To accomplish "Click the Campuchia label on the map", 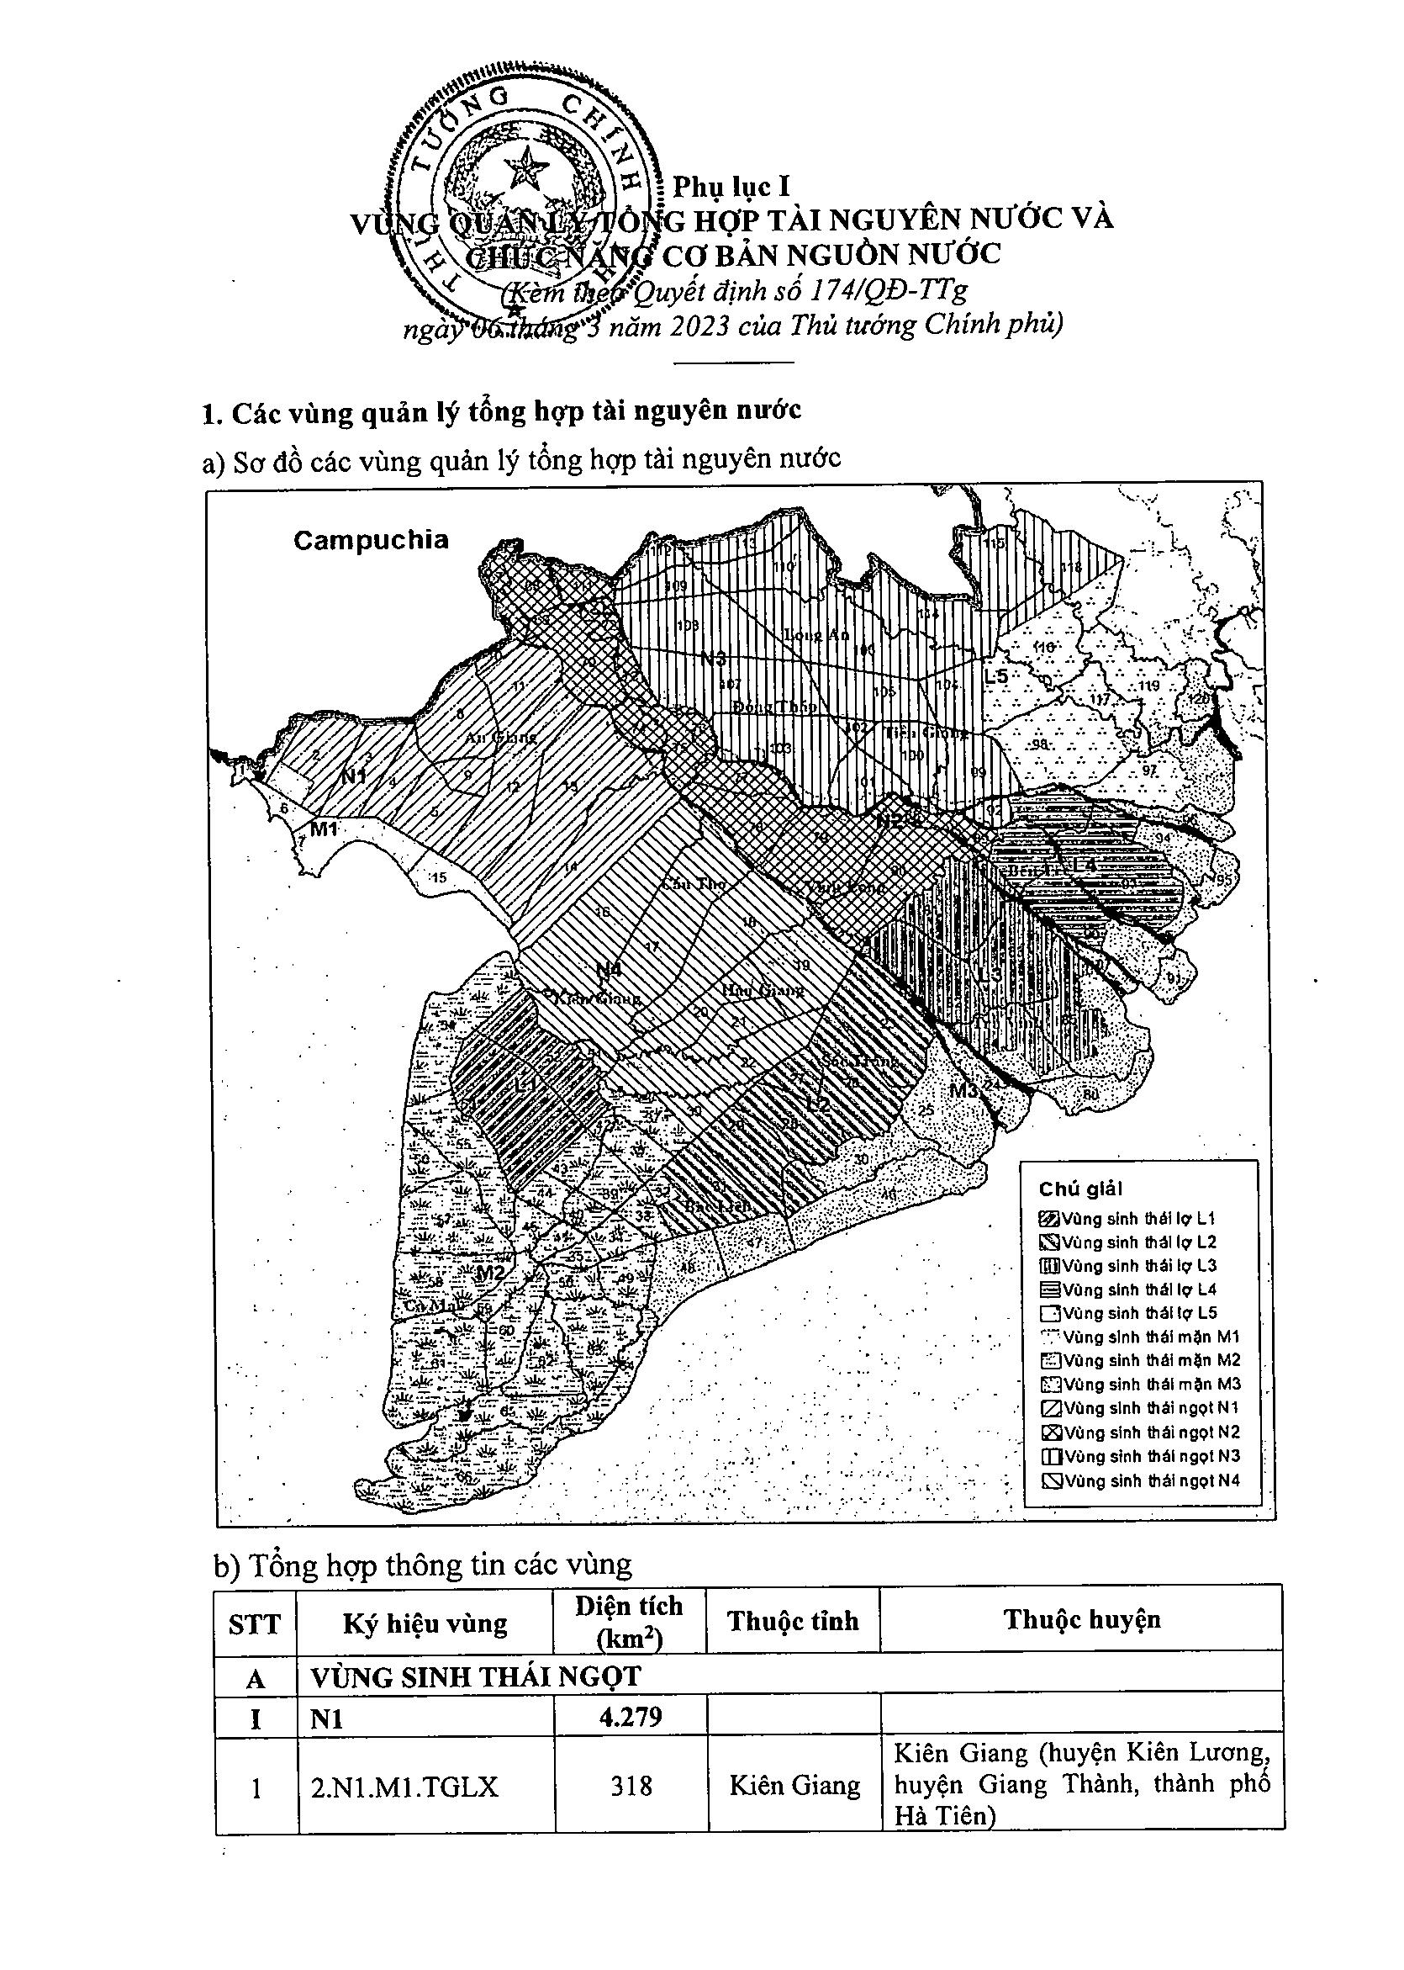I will coord(371,541).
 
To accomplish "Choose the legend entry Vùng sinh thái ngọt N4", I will coord(1142,1480).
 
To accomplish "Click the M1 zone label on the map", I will coord(325,829).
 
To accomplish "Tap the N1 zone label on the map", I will coord(354,775).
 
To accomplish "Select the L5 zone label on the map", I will coord(996,676).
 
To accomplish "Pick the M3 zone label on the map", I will coord(963,1090).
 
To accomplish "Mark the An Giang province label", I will coord(501,737).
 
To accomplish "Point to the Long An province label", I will coord(816,634).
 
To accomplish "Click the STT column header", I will coord(255,1624).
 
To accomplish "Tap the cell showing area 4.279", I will coord(630,1715).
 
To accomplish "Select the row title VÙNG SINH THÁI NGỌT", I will coord(476,1676).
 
